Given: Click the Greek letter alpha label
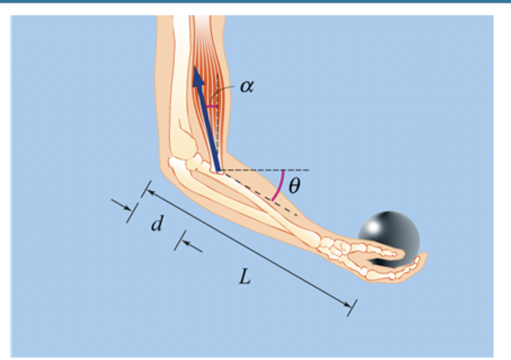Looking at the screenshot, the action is coord(243,87).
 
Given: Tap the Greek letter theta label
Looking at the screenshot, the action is coord(294,186).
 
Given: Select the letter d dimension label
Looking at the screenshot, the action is coord(157,224).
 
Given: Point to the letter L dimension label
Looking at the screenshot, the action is coord(244,277).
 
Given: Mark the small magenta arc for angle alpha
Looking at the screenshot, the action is coord(211,105).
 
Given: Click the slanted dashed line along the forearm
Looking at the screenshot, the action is coord(265,197).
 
